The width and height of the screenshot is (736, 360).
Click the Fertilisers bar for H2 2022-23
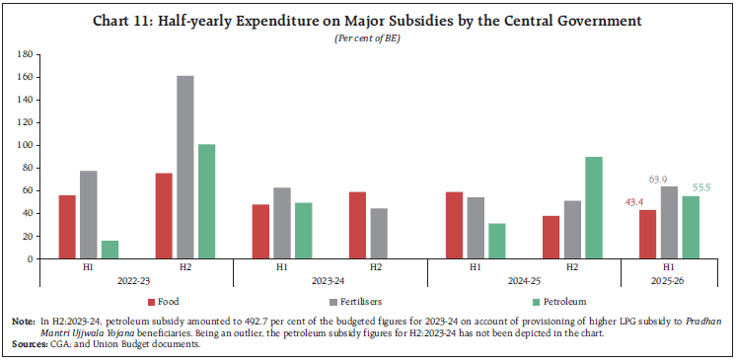184,167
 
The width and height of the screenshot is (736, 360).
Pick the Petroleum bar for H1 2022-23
110,249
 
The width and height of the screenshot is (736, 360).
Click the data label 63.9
669,180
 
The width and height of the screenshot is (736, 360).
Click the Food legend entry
169,300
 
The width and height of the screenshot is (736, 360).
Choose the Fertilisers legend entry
365,300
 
